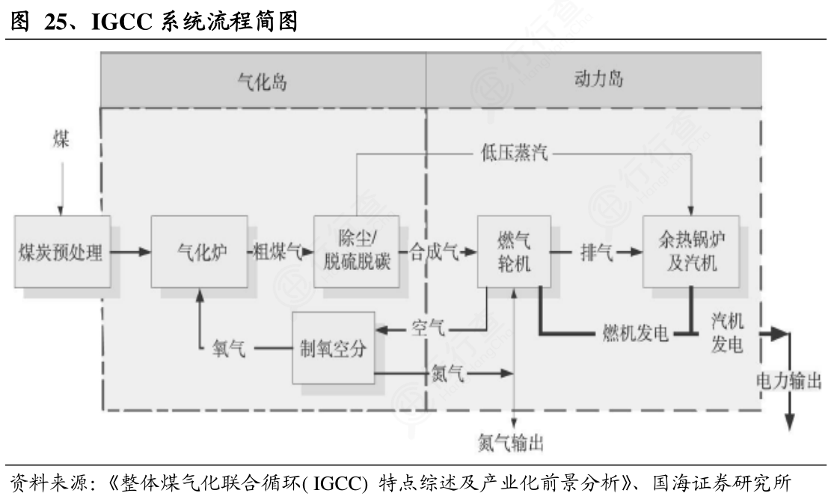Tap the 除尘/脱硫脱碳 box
click(x=356, y=252)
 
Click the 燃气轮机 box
click(x=514, y=252)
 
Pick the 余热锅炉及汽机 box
click(x=685, y=252)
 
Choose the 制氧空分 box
click(x=333, y=348)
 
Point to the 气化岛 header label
click(x=262, y=80)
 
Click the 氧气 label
click(x=228, y=349)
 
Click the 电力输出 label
click(x=788, y=382)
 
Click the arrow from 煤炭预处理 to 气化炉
click(x=130, y=252)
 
